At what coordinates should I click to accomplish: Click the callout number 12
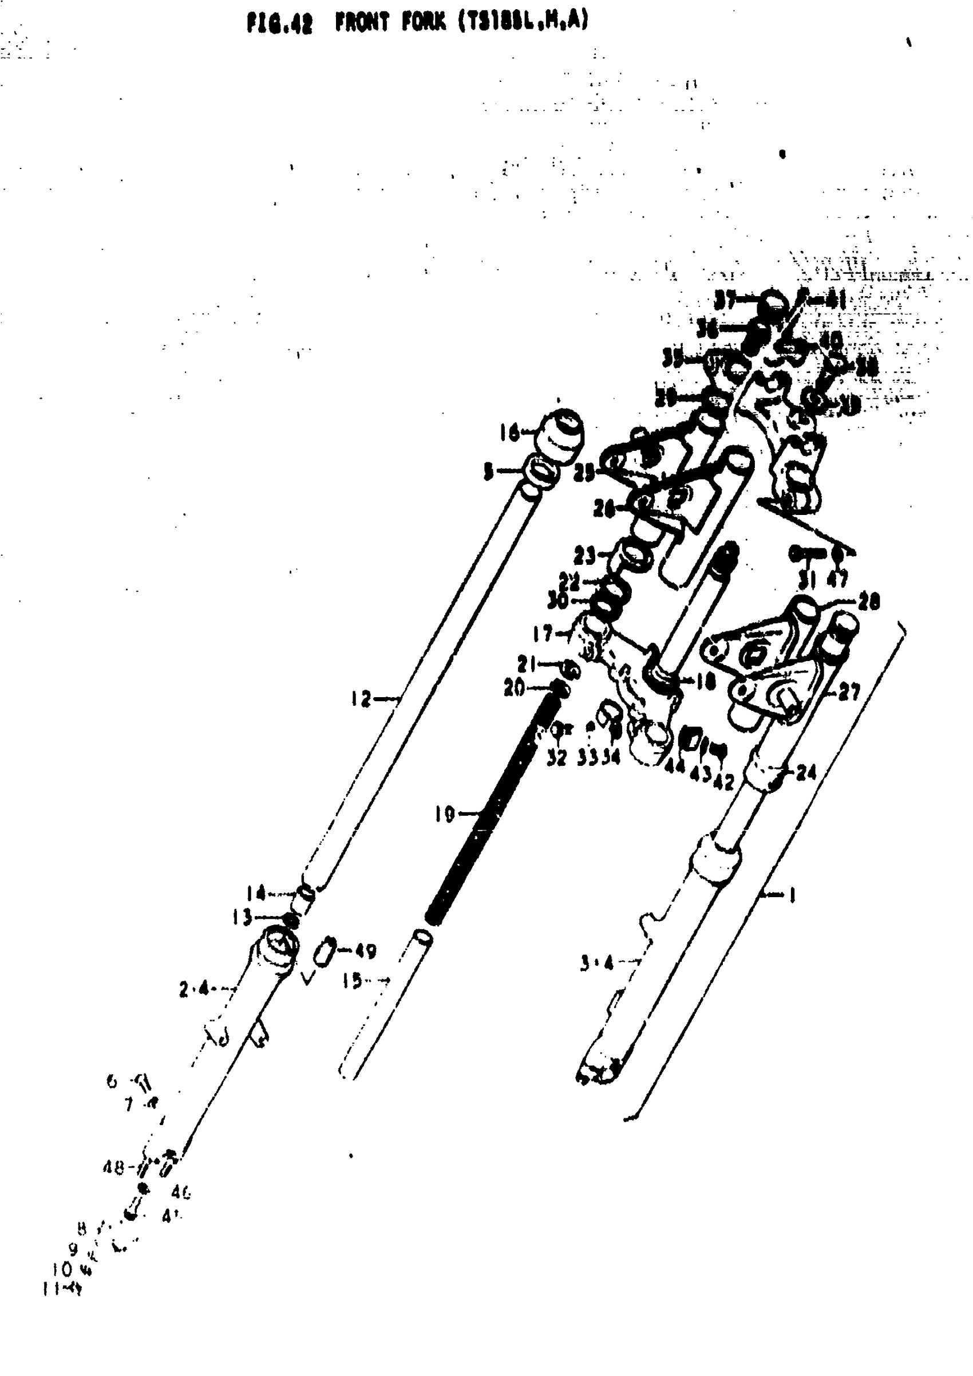[361, 698]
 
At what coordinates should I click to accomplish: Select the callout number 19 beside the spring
[445, 814]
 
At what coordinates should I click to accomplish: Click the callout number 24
[806, 773]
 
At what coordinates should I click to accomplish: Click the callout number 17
[543, 633]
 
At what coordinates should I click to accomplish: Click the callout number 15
[353, 981]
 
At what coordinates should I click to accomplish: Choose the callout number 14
[256, 893]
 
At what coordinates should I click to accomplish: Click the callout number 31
[807, 580]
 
